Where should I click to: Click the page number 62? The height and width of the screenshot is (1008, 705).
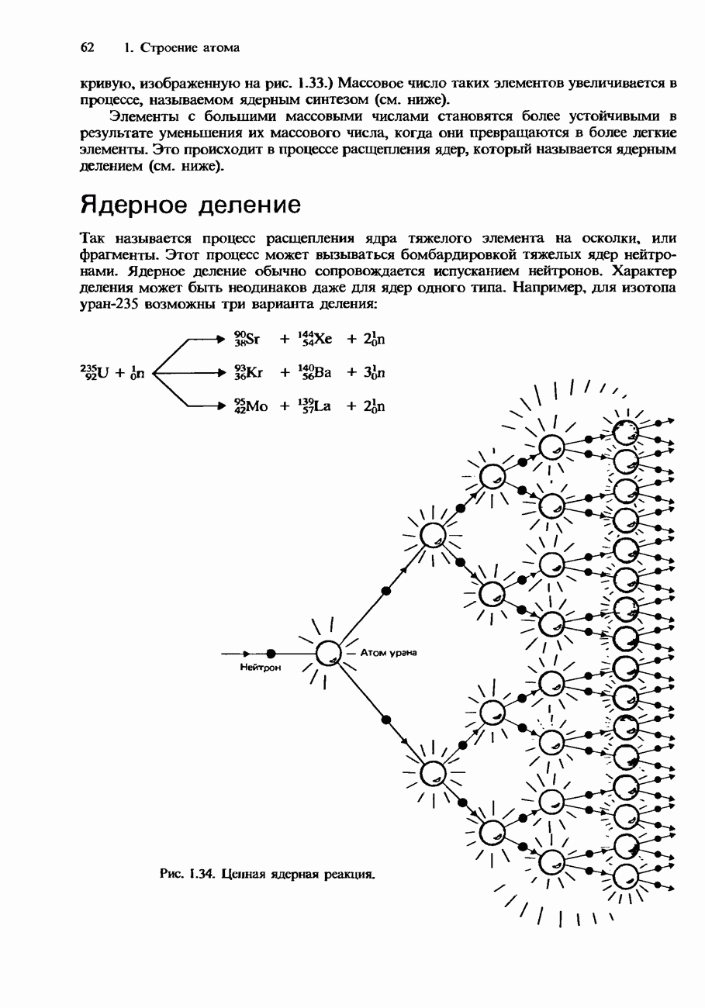(88, 48)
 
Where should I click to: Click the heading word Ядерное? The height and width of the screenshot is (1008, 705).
(136, 205)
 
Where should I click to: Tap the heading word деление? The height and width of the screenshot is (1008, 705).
(249, 205)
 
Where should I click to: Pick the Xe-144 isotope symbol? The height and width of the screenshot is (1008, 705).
(315, 340)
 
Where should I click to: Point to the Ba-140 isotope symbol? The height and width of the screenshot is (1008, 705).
(315, 373)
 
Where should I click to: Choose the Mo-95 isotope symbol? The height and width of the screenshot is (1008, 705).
(250, 406)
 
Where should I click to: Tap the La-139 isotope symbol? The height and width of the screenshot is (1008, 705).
(315, 406)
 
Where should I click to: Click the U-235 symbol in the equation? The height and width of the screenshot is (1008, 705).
(96, 373)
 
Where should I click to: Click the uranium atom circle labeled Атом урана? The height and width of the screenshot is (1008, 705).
(328, 653)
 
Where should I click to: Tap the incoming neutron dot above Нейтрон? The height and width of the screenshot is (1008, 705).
(270, 653)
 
